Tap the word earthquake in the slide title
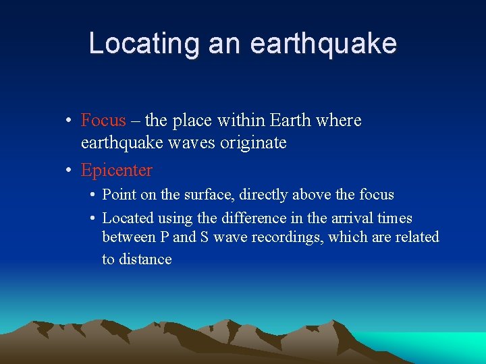coord(323,44)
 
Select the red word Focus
coord(103,121)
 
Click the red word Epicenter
coord(117,171)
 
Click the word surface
coord(189,195)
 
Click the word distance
coord(146,260)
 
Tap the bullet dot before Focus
coord(70,121)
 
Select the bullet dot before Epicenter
coord(70,171)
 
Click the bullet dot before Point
coord(91,195)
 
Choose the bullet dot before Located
coord(91,218)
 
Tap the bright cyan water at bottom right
coord(446,345)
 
